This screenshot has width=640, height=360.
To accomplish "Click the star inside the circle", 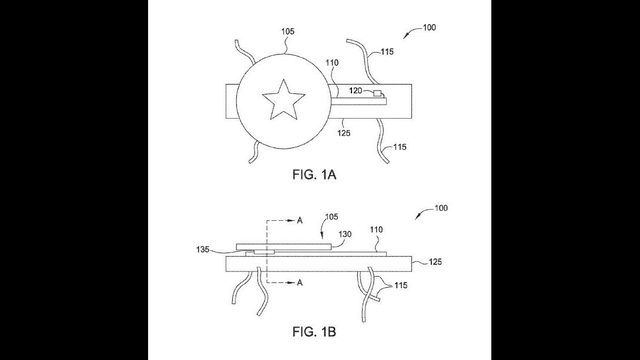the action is pyautogui.click(x=283, y=100).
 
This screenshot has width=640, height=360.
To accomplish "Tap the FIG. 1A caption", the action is pyautogui.click(x=314, y=175).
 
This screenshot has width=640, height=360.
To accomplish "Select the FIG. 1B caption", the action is pyautogui.click(x=314, y=331).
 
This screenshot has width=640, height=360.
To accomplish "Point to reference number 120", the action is pyautogui.click(x=355, y=90).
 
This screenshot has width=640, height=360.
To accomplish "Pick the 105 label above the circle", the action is pyautogui.click(x=287, y=31).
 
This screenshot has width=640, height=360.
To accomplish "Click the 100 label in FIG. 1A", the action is pyautogui.click(x=429, y=27).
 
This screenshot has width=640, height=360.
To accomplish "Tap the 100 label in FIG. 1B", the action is pyautogui.click(x=441, y=208).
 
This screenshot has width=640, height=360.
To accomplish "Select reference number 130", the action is pyautogui.click(x=345, y=234).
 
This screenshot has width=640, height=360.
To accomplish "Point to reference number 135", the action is pyautogui.click(x=203, y=249).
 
